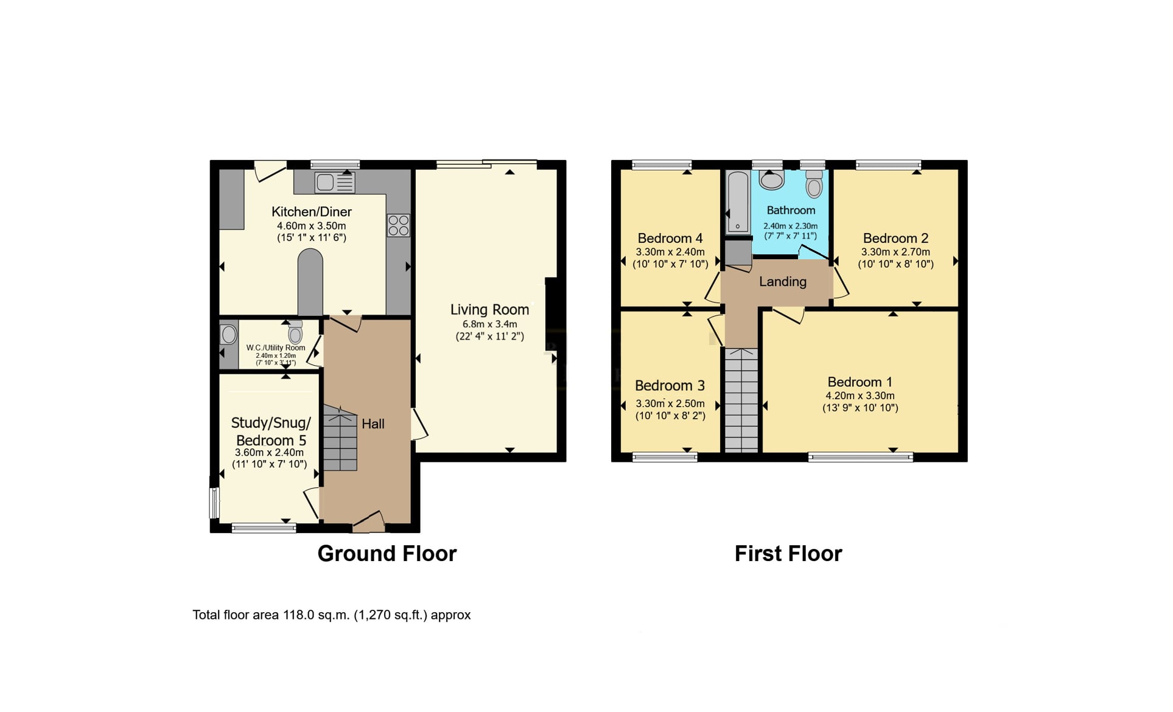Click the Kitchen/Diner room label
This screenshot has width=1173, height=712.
(x=311, y=212)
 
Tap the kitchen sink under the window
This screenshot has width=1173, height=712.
(x=335, y=182)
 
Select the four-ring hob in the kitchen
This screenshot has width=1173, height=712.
(x=398, y=225)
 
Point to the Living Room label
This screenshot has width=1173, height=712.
(x=489, y=309)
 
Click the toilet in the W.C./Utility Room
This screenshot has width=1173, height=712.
(x=295, y=332)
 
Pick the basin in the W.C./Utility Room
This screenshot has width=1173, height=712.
(x=229, y=334)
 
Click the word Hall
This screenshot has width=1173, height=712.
(x=373, y=424)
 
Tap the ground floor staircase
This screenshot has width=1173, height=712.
(x=340, y=438)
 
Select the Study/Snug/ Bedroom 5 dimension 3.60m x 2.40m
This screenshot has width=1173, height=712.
(x=269, y=453)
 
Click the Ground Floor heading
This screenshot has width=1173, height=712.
(x=387, y=553)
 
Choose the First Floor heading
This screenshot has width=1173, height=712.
(x=788, y=553)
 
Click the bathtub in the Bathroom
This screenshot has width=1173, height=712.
(x=738, y=202)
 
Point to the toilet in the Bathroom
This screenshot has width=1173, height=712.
(x=814, y=184)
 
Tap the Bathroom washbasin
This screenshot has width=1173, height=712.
(x=772, y=180)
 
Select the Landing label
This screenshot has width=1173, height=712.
(x=783, y=282)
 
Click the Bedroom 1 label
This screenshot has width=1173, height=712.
(x=860, y=382)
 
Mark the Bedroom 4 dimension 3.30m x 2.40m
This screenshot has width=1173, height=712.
(x=670, y=252)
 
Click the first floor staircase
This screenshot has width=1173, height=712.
(x=741, y=400)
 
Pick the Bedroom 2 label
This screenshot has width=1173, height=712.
(x=895, y=239)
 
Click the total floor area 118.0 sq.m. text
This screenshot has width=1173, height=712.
(x=332, y=615)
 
